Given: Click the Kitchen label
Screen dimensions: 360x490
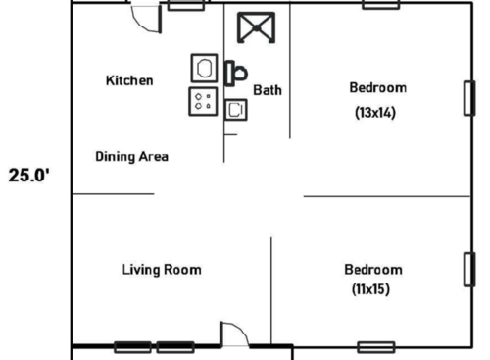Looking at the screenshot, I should (129, 80).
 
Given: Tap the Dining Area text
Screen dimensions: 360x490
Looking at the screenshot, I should (131, 156).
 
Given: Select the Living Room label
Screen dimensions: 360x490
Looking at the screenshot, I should (162, 269).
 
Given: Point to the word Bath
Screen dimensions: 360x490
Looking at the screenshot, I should (268, 90).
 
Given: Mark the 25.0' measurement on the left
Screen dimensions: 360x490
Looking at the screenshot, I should (30, 178).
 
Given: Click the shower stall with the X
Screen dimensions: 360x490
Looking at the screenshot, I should (257, 27).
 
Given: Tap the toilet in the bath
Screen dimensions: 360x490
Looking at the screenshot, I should (236, 73).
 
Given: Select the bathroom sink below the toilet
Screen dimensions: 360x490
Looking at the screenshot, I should (234, 109).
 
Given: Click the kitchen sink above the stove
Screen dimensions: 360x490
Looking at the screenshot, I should (204, 69).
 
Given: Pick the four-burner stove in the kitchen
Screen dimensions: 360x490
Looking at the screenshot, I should (204, 101).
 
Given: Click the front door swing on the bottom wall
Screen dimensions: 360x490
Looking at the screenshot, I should (235, 334).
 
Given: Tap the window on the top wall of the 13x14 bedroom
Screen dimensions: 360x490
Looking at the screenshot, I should (380, 5).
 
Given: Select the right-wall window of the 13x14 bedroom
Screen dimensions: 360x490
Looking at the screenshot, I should (468, 98).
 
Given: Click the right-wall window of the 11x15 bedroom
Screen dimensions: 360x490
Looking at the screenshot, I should (468, 270).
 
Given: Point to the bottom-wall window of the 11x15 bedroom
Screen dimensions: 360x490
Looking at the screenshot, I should (375, 346).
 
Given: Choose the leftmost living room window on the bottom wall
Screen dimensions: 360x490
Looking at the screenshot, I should (132, 346).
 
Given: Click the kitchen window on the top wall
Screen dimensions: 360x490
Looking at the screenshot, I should (180, 5).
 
